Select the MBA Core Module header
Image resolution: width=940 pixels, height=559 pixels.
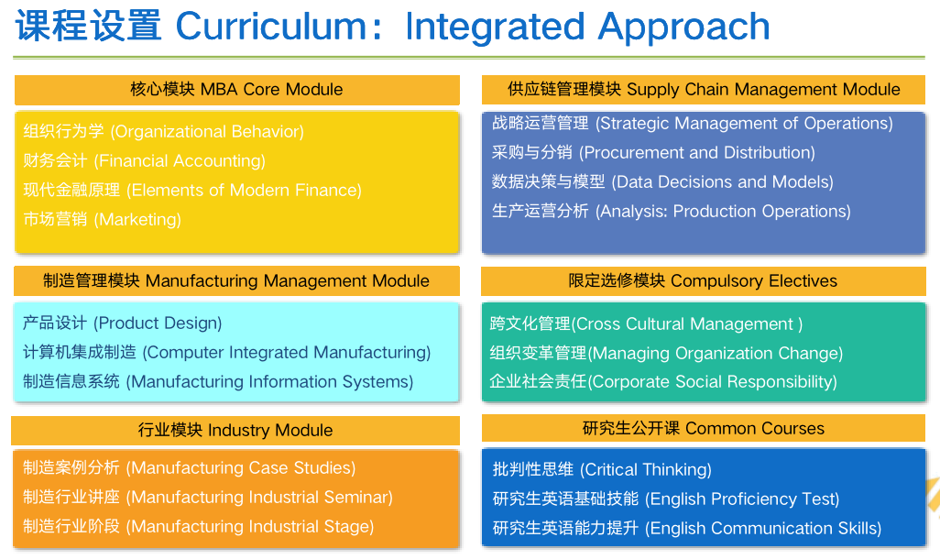(x=236, y=90)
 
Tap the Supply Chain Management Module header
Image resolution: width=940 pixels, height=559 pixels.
(x=704, y=90)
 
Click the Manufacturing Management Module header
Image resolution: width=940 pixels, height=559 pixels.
(x=236, y=280)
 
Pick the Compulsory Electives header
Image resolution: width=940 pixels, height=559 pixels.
(x=703, y=280)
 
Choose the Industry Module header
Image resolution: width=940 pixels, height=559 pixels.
(x=235, y=430)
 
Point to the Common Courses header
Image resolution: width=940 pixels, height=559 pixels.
(x=703, y=428)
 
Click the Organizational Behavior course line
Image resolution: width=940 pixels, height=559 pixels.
(x=164, y=132)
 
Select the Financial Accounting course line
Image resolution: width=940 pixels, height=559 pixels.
(x=145, y=161)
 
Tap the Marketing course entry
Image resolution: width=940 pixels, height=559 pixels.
(x=103, y=220)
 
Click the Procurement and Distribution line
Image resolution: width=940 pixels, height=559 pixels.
(x=653, y=153)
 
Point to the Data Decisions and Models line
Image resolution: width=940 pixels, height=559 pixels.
(x=662, y=182)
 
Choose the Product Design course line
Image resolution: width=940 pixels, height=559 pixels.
(x=123, y=323)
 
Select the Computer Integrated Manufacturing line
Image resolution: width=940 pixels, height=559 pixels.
(x=227, y=353)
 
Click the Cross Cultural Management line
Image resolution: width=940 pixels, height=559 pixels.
(x=647, y=324)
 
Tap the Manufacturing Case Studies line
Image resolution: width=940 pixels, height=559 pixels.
(x=190, y=468)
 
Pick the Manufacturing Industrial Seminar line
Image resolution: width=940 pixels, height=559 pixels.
(x=208, y=498)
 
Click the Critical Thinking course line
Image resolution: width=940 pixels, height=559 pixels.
(x=602, y=470)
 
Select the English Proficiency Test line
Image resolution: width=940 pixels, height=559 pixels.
(x=666, y=499)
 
